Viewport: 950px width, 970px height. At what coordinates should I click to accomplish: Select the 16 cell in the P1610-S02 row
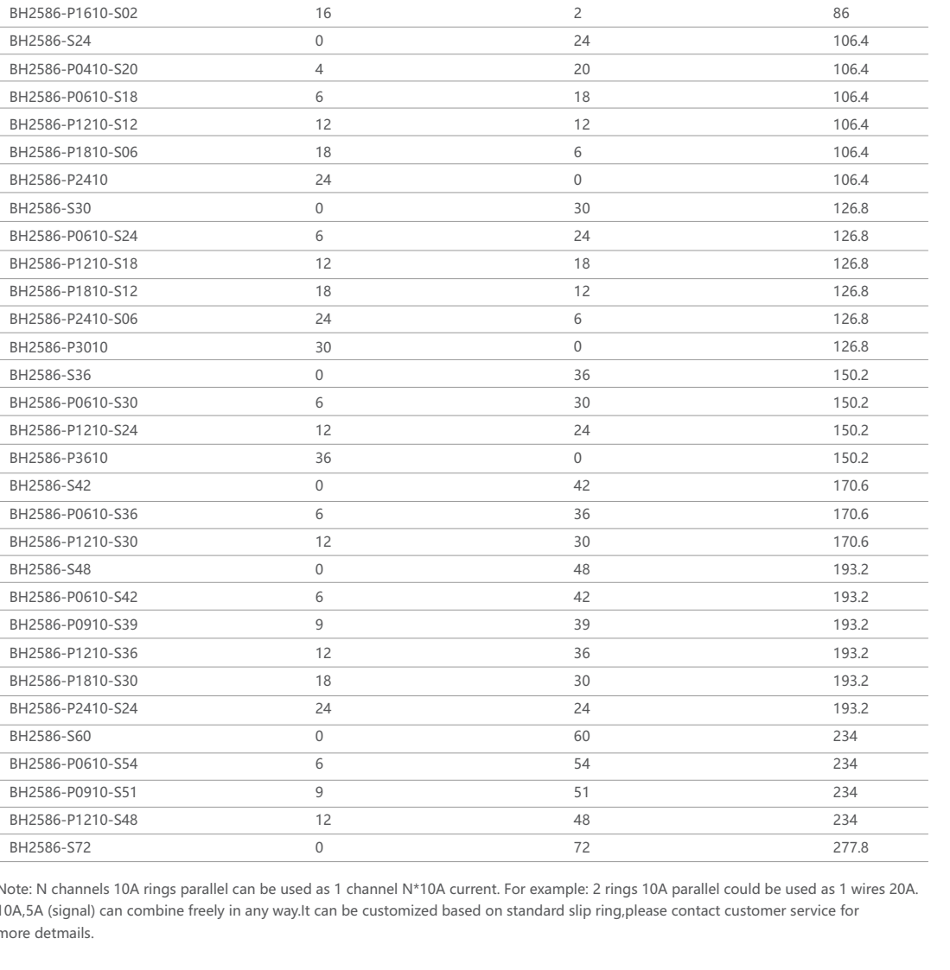[324, 13]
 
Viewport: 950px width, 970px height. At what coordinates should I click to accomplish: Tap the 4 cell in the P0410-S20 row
[320, 68]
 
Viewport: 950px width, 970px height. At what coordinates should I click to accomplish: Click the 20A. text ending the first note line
[930, 891]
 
